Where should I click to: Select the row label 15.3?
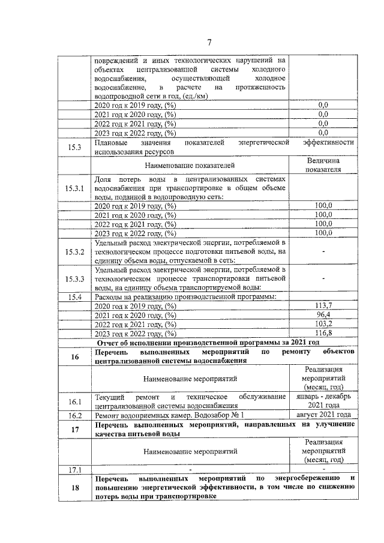coord(75,148)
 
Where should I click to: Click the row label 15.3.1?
coord(75,188)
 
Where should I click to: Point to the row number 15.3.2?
coord(75,251)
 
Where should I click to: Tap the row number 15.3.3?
coord(75,279)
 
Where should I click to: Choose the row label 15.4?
coord(75,297)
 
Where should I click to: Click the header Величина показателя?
coord(323,165)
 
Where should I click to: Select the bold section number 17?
coord(75,429)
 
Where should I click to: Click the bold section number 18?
coord(75,488)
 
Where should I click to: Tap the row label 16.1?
coord(75,401)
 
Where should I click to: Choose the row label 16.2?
coord(75,415)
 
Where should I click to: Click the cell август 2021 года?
coord(323,415)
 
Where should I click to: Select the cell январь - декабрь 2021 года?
coord(323,401)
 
